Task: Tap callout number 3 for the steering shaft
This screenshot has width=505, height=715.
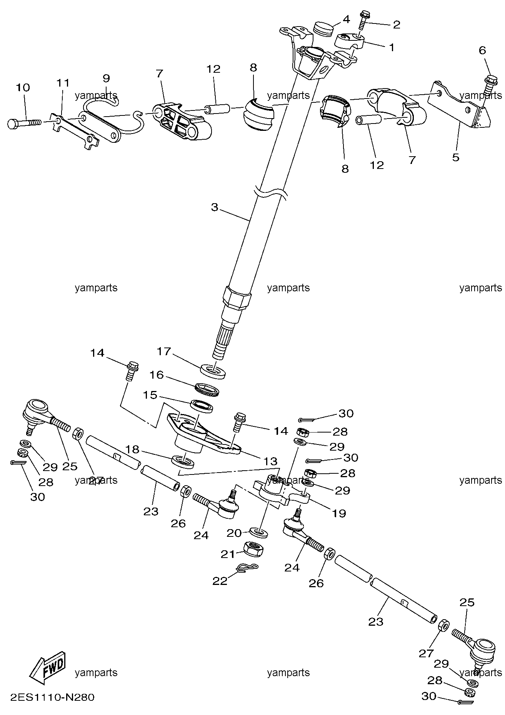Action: tap(215, 207)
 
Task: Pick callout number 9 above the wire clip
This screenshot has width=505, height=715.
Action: tap(107, 78)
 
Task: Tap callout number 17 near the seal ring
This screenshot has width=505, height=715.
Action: tap(163, 351)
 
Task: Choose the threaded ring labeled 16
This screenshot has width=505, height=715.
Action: tap(208, 389)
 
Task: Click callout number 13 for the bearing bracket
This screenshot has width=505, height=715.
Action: tap(271, 461)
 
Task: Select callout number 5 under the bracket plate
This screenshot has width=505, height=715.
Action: tap(456, 157)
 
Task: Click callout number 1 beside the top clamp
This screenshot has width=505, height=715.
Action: tap(391, 47)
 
